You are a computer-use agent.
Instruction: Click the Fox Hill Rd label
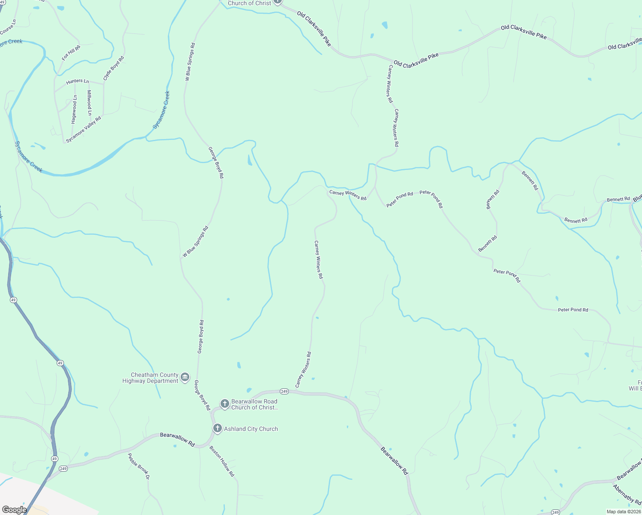[x=71, y=52]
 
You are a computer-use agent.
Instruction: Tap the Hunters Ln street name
[x=77, y=81]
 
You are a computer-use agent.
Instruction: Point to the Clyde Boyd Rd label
[x=113, y=68]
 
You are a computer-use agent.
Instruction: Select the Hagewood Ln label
[x=74, y=109]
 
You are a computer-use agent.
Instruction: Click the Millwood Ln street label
[x=89, y=103]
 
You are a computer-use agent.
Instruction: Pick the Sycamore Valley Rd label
[x=83, y=129]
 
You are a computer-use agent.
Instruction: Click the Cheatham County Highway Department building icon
[x=185, y=377]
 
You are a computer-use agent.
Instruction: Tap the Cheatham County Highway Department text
[x=150, y=378]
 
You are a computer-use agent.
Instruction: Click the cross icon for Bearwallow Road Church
[x=224, y=403]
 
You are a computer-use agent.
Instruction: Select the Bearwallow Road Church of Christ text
[x=255, y=404]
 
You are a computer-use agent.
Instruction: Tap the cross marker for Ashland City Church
[x=218, y=428]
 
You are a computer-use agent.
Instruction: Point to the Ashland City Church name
[x=251, y=429]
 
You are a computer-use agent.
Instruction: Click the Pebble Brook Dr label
[x=139, y=466]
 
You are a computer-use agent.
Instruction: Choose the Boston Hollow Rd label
[x=222, y=461]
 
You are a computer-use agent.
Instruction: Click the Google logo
[x=14, y=509]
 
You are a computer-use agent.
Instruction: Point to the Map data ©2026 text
[x=623, y=512]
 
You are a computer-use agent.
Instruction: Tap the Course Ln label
[x=8, y=27]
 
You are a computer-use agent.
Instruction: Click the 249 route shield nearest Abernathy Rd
[x=555, y=512]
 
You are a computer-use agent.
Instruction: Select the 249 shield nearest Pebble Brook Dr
[x=64, y=468]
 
